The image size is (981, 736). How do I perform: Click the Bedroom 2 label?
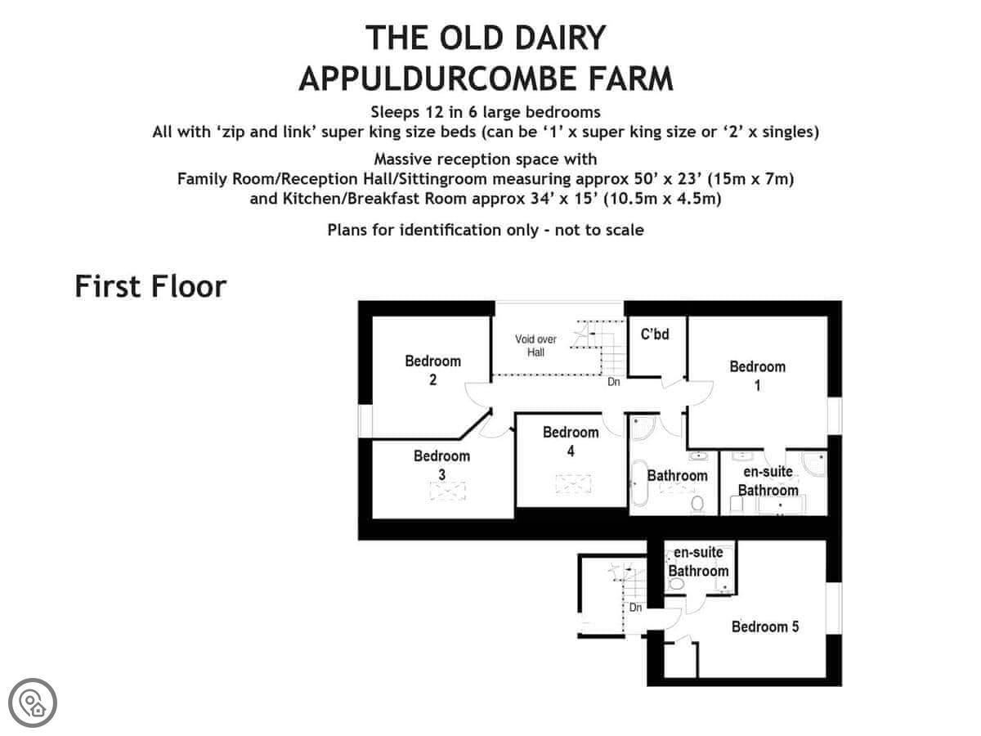tap(432, 370)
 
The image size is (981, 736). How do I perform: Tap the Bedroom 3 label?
tap(441, 464)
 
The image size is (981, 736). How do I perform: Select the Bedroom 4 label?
tap(571, 442)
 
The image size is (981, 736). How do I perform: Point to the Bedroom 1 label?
tap(757, 376)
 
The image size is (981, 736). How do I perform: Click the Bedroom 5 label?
tap(764, 626)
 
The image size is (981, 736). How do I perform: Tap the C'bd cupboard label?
tap(655, 334)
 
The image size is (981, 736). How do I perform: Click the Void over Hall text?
tap(535, 346)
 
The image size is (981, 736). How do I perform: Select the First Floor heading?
tap(150, 286)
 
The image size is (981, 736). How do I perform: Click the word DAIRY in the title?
tap(561, 38)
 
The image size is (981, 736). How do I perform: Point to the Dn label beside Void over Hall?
tap(614, 382)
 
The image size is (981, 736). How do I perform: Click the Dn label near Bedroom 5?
tap(635, 608)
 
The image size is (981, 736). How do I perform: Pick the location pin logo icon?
tap(33, 703)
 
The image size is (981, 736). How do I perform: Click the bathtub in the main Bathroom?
tap(639, 483)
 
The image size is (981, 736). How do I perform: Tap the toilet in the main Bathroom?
tap(697, 504)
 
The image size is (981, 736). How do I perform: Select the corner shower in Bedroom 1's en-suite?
tap(814, 464)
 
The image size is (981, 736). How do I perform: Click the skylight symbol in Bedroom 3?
tap(447, 491)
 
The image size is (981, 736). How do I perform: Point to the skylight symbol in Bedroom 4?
tap(573, 484)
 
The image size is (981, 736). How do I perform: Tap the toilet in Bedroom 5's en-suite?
tap(676, 584)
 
